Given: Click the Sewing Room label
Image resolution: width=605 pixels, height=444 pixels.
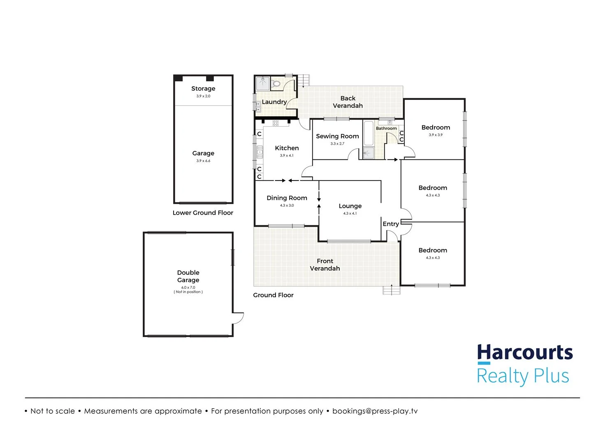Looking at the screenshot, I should point(337,136).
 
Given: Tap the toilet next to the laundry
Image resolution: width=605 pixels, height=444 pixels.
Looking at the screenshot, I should point(276,84).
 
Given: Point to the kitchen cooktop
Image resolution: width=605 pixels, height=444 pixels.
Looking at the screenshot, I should point(276,123).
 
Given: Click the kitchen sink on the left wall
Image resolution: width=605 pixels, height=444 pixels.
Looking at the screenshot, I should point(260,152).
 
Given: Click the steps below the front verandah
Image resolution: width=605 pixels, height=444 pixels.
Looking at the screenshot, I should point(391,290).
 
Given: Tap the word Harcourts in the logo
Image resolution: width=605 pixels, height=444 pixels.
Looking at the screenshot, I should point(525,352).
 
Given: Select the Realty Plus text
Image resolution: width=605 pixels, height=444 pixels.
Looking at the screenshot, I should point(522,376).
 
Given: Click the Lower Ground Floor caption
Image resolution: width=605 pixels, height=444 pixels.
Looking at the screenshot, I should point(203,213).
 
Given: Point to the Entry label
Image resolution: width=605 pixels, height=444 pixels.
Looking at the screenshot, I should point(391,224).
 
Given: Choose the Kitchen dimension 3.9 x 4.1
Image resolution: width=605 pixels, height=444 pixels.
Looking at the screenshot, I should point(287,155).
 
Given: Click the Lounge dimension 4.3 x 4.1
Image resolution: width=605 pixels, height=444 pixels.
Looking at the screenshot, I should point(350,213).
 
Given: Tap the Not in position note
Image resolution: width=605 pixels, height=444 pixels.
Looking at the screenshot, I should point(188,292).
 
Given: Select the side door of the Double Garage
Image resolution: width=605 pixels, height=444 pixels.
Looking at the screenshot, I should point(238,318).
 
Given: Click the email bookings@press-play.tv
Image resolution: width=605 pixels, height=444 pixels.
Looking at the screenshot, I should point(375,411).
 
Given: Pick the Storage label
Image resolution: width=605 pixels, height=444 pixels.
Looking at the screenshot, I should point(203,88).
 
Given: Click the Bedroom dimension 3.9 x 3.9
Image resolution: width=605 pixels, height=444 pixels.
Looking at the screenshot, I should point(436,135).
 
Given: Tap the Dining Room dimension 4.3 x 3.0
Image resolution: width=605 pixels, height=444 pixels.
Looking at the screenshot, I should point(287,205).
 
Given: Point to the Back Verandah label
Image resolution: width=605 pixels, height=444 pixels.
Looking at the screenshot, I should point(348,102).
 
